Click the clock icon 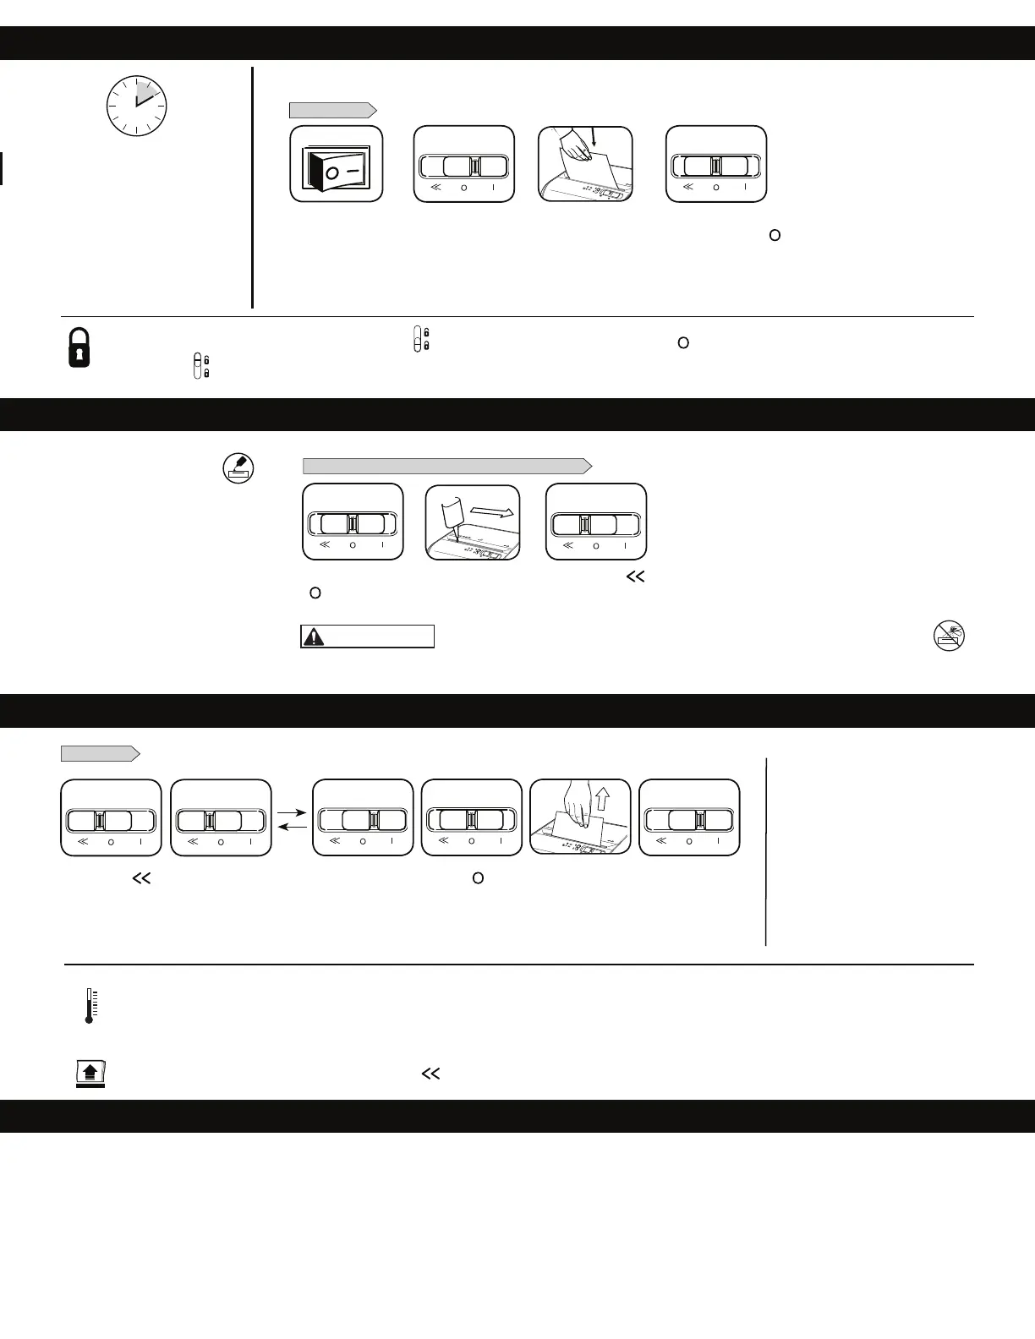click(136, 107)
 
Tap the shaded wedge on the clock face click(145, 92)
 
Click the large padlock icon click(79, 347)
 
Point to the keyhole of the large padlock click(79, 353)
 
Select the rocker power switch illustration click(337, 164)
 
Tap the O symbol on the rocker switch click(332, 172)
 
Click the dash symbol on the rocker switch click(355, 170)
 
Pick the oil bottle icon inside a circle click(238, 467)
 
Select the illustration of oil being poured click(473, 522)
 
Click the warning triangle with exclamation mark click(314, 637)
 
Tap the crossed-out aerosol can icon click(950, 636)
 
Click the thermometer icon click(89, 1005)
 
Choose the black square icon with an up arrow click(90, 1073)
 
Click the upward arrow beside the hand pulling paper click(602, 798)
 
